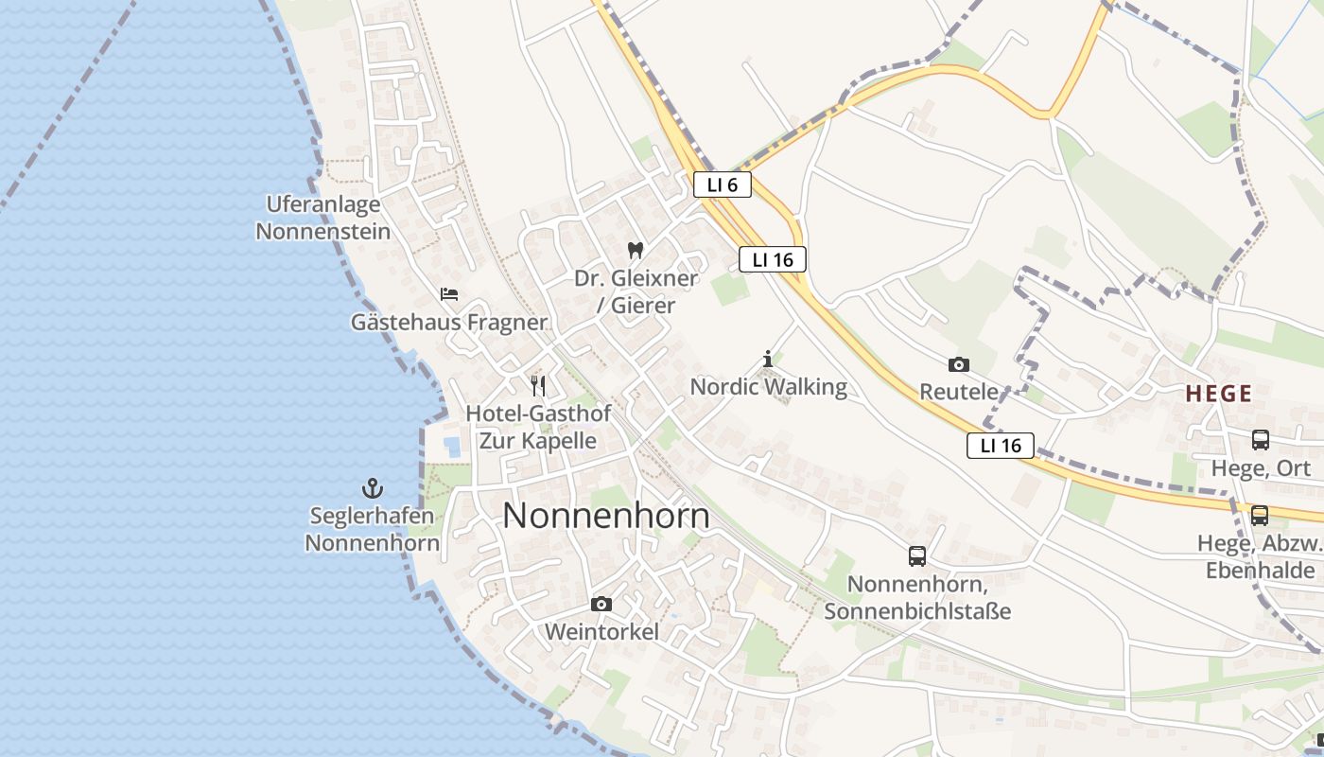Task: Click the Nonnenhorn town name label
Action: (x=606, y=516)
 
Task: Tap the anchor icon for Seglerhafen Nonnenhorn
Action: (x=373, y=488)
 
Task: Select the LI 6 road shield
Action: (x=722, y=185)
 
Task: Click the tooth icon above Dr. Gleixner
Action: (x=636, y=251)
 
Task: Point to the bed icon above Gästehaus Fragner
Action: (x=449, y=294)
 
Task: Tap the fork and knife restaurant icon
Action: (x=538, y=385)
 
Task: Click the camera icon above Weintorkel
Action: (x=601, y=604)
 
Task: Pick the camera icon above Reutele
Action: (x=959, y=364)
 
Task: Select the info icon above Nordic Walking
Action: (x=768, y=359)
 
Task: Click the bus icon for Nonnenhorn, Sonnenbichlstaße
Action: (x=917, y=556)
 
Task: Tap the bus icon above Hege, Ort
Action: (x=1261, y=440)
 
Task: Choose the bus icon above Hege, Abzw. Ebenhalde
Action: (x=1260, y=516)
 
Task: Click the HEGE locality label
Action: (x=1220, y=394)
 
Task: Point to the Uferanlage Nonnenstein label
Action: (x=323, y=218)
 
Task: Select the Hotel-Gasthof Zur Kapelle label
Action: (x=538, y=427)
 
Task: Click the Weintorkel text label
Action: (x=601, y=632)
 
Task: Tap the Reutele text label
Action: (x=959, y=392)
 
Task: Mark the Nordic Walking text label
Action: (x=768, y=386)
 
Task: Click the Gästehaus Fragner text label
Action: (x=449, y=323)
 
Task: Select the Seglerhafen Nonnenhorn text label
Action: (x=372, y=530)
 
